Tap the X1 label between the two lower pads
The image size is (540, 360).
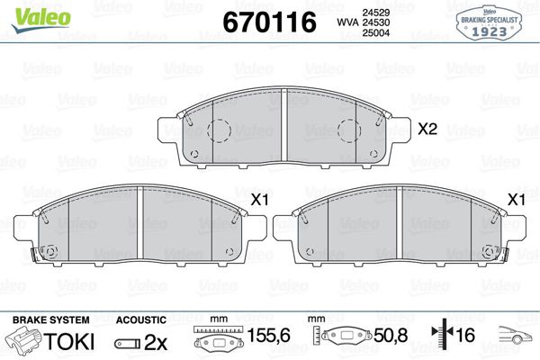pos(259,199)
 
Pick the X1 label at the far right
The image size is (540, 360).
pos(517,199)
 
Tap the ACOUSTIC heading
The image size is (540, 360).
pos(141,319)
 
